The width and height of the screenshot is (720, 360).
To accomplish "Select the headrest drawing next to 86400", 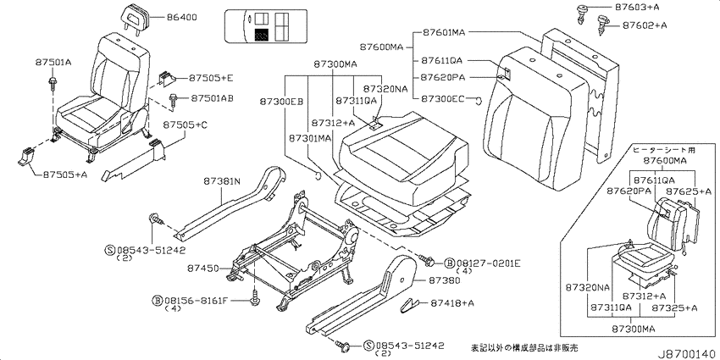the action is coord(135,19).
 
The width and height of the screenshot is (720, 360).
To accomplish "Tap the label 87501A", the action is coord(53,62).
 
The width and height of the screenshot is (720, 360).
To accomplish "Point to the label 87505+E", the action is coord(211,78).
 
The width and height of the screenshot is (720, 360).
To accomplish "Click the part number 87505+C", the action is coord(185,125).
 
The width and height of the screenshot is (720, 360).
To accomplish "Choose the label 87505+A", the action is coord(65,174).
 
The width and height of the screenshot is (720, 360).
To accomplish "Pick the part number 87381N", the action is coord(222,181).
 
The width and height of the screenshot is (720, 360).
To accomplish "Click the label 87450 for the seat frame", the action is coord(202,268).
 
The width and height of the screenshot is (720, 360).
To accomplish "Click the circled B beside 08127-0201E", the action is coord(450,263).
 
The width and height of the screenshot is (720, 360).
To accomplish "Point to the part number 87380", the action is coord(444,280).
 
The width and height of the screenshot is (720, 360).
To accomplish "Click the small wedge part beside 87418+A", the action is coord(409,304).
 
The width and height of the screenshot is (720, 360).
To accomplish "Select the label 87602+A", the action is coord(645,25).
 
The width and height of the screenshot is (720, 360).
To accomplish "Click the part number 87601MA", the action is coord(444,32).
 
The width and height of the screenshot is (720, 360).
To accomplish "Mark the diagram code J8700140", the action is coord(687,353).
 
